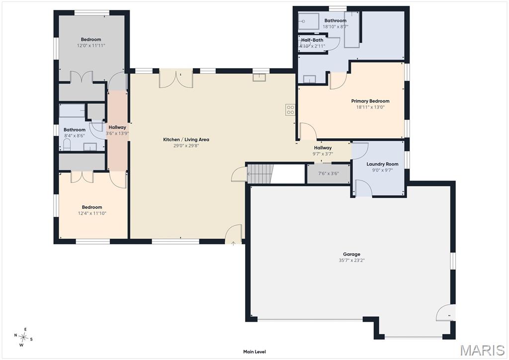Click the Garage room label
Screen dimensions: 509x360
351,254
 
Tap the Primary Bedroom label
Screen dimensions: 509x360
370,101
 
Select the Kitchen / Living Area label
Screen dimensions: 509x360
186,140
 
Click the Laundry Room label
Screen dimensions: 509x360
382,164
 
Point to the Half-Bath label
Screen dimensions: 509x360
312,40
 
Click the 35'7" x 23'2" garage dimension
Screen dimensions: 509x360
351,261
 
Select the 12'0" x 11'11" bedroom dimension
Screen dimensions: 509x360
91,45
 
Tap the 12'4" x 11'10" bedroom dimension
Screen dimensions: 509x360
92,213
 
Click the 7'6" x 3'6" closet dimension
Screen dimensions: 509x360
328,174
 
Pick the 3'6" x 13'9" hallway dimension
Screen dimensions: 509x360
117,133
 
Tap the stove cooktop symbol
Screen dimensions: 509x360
290,109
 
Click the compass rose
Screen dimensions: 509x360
23,338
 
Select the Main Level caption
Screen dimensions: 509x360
254,352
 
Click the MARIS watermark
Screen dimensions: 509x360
482,350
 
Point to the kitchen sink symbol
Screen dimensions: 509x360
259,77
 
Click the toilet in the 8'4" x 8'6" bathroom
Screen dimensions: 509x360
67,145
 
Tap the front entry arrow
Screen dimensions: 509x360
233,243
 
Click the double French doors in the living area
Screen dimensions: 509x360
176,79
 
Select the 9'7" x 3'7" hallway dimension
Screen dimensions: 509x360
323,154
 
